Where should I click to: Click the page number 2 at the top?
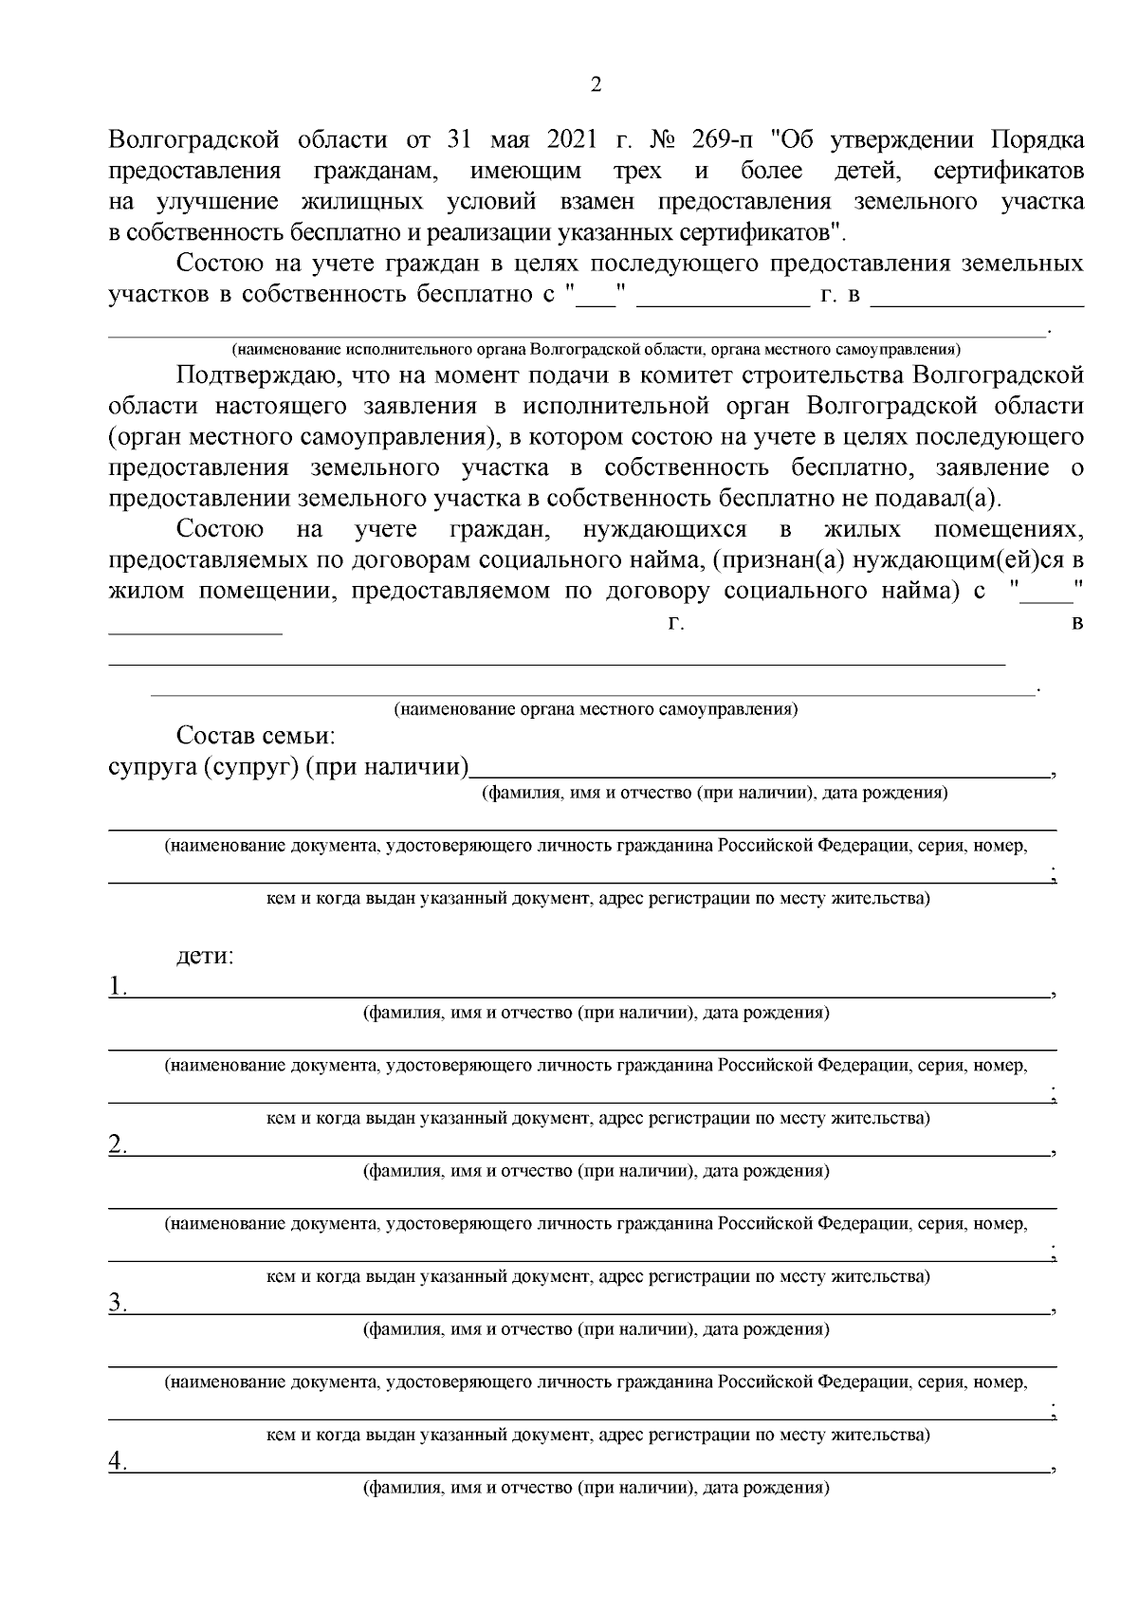coord(596,85)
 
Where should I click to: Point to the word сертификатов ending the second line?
coord(1008,172)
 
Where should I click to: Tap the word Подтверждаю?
coord(253,375)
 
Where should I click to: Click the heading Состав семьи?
coord(255,737)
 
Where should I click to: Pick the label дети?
coord(205,956)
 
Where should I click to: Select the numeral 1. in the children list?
coord(119,987)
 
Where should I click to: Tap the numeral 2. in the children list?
coord(119,1145)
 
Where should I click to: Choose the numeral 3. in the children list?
coord(119,1304)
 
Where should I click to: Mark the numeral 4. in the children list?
coord(119,1462)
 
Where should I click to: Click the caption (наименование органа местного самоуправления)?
coord(596,709)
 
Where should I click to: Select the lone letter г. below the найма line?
coord(675,623)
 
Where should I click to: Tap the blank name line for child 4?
coord(588,1466)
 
